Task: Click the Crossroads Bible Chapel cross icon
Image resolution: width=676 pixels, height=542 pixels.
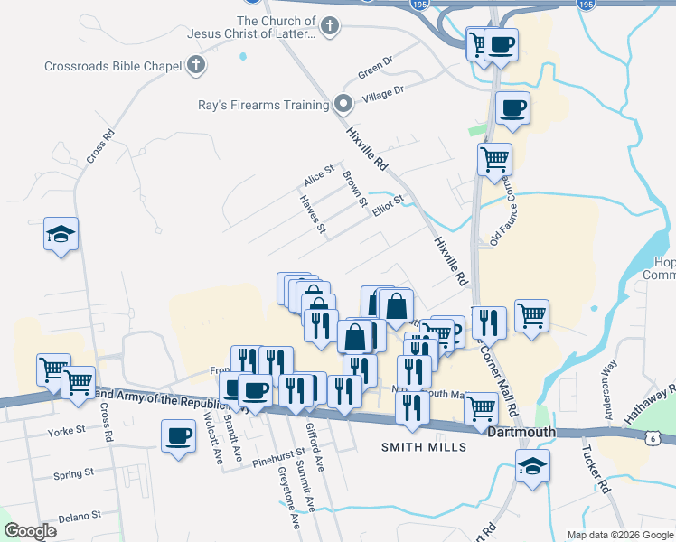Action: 195,65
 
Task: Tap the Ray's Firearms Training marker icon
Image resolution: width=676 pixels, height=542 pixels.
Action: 343,105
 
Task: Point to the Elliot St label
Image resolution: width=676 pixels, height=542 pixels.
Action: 386,205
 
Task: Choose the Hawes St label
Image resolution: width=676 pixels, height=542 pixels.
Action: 313,214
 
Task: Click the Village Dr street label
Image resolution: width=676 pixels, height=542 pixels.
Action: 382,92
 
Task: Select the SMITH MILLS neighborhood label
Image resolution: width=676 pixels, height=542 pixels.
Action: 424,447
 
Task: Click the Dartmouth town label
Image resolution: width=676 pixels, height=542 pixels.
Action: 521,433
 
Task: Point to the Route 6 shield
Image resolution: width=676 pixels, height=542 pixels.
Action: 652,438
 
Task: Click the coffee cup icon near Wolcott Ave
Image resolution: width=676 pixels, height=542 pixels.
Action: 177,436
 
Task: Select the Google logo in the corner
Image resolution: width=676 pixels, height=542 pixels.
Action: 30,531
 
